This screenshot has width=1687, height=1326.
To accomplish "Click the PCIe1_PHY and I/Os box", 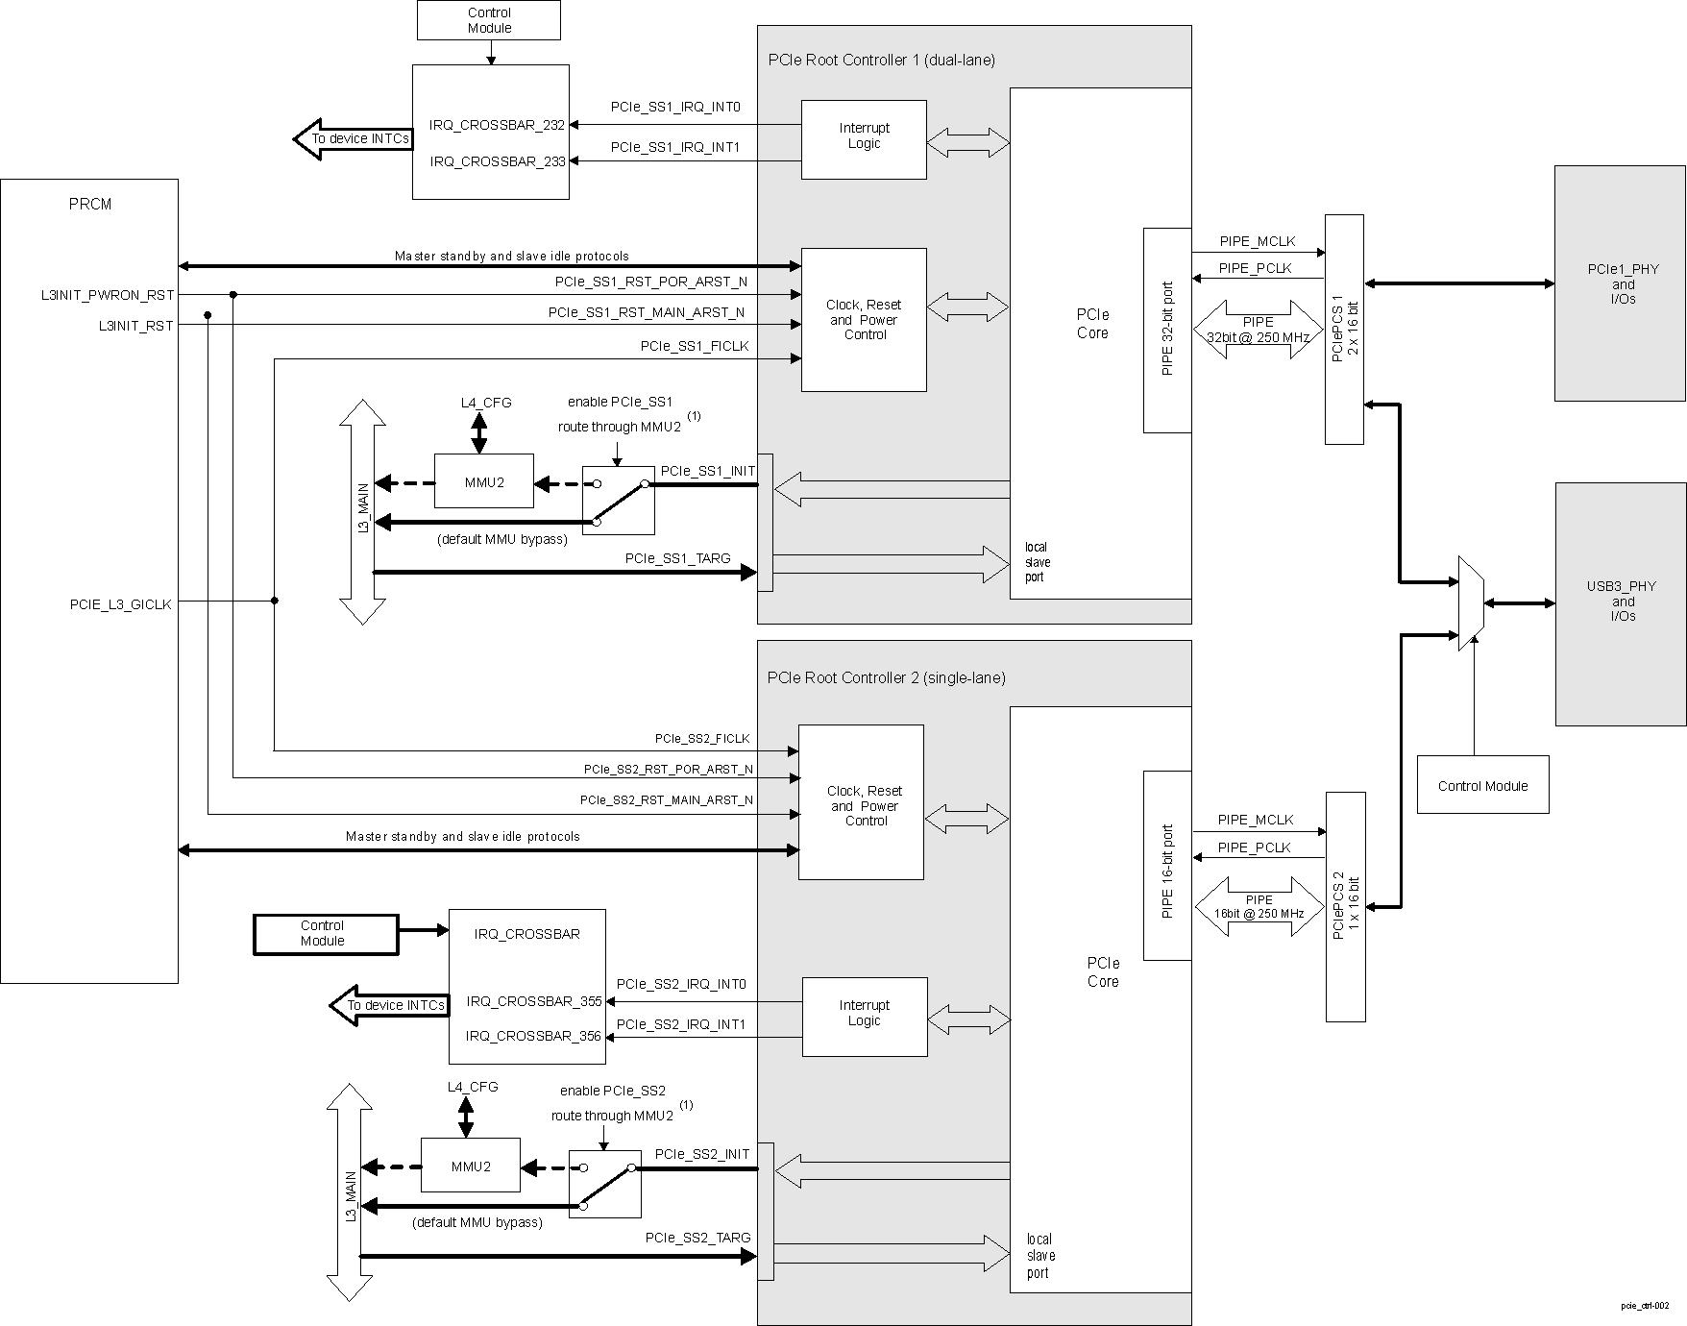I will click(x=1620, y=283).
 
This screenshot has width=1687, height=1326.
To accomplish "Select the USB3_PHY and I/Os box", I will click(x=1620, y=602).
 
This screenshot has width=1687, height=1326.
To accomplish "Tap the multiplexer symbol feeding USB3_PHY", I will click(x=1470, y=602).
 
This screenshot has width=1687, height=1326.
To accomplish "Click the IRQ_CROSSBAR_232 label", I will click(x=497, y=125).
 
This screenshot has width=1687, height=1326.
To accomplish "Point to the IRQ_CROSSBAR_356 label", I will click(x=533, y=1036).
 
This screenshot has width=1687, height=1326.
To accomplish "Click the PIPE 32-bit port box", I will click(x=1167, y=330).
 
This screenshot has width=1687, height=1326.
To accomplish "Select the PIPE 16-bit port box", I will click(x=1167, y=865).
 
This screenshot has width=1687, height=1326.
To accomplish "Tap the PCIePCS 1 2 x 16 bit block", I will click(x=1344, y=329).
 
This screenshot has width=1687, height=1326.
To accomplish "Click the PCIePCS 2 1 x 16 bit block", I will click(x=1345, y=906).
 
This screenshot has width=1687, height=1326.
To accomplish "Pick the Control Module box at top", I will click(x=489, y=20).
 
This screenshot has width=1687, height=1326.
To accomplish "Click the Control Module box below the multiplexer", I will click(x=1482, y=785).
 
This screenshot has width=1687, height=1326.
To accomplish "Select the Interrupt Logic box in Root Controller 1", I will click(x=864, y=138).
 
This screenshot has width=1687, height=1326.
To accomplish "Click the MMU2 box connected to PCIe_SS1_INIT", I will click(x=483, y=481).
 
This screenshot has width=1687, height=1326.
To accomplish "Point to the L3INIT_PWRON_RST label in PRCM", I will click(x=108, y=295).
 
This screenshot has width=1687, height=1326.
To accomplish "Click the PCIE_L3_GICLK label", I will click(x=120, y=604).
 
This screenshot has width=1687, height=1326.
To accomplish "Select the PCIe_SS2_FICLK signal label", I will click(x=701, y=739).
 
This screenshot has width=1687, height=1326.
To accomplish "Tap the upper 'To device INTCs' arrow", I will click(x=354, y=139).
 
